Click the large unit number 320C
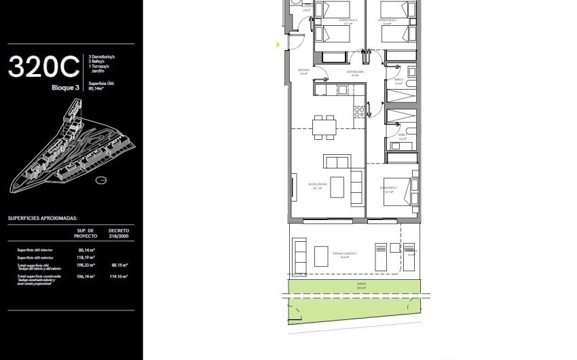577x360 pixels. click(43, 67)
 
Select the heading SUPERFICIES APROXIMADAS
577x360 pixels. click(43, 219)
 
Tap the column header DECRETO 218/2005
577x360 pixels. click(118, 233)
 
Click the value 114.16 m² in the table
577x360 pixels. click(119, 277)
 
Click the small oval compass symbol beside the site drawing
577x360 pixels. click(101, 180)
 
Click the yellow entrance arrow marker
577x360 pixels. click(278, 45)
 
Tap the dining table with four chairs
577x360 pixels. click(324, 125)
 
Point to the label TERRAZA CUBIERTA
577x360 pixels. click(345, 253)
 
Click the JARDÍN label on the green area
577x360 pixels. click(361, 286)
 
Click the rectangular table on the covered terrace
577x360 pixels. click(321, 256)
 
